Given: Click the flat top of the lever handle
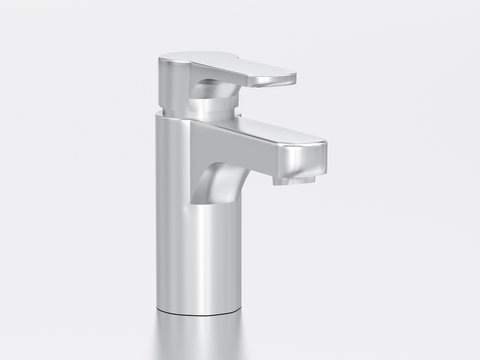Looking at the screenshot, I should click(225, 62).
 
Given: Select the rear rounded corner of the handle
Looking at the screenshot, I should click(166, 62).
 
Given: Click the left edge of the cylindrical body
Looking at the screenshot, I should click(159, 220).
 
